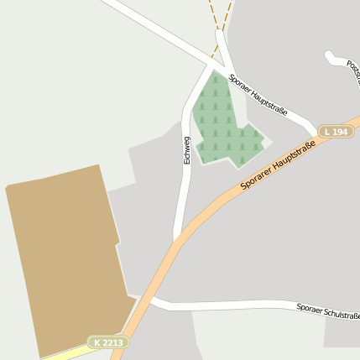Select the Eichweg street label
coord(187,149)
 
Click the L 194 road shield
coord(336,132)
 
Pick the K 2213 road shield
coord(107,342)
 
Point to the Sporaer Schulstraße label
coord(327,311)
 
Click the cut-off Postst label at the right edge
coord(354,76)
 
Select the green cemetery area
coord(223,122)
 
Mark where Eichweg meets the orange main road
coord(178,238)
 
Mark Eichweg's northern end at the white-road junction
coord(210,65)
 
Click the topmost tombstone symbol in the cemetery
coord(215,80)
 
